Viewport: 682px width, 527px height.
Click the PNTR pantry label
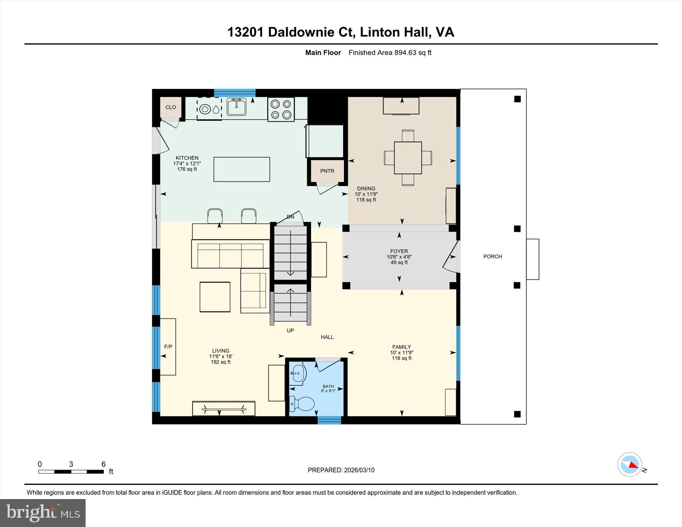pyautogui.click(x=327, y=171)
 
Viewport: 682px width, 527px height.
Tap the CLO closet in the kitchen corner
pyautogui.click(x=170, y=107)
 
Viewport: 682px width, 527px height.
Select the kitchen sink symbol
pyautogui.click(x=236, y=107)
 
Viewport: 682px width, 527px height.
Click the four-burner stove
pyautogui.click(x=281, y=109)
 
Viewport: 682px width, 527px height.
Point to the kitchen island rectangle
pyautogui.click(x=241, y=169)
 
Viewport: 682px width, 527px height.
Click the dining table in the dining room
pyautogui.click(x=408, y=158)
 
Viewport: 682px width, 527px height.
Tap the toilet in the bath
pyautogui.click(x=302, y=404)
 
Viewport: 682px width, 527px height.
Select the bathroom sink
pyautogui.click(x=298, y=374)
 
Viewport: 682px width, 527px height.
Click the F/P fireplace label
pyautogui.click(x=168, y=347)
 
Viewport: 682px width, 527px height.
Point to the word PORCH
pyautogui.click(x=493, y=256)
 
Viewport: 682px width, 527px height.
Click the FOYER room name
pyautogui.click(x=399, y=251)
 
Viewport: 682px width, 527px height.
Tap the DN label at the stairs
pyautogui.click(x=290, y=217)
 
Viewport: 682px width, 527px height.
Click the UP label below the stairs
pyautogui.click(x=290, y=330)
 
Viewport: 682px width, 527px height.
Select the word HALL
pyautogui.click(x=327, y=337)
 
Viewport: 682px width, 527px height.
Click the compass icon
pyautogui.click(x=629, y=464)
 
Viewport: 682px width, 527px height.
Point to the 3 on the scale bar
pyautogui.click(x=71, y=464)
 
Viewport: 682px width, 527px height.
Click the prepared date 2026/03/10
pyautogui.click(x=359, y=470)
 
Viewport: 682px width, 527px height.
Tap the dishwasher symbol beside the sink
pyautogui.click(x=209, y=109)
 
